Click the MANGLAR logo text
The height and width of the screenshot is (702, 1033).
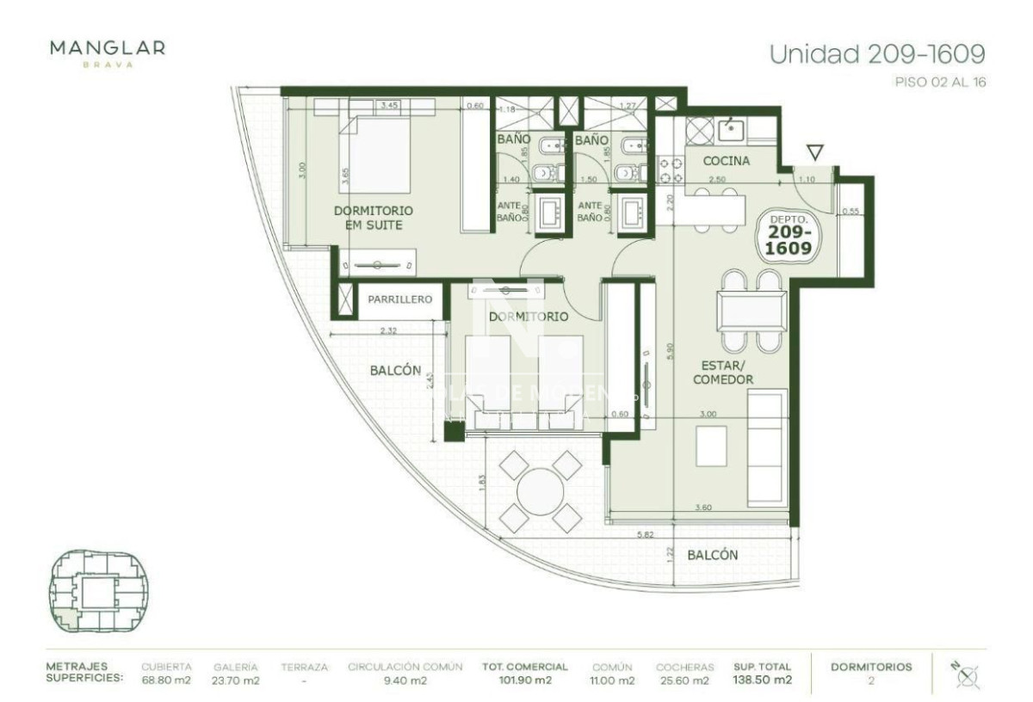click(108, 48)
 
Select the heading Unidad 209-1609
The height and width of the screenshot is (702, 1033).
click(876, 54)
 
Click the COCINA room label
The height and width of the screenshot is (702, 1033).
click(726, 161)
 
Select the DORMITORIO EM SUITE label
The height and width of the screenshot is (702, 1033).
click(373, 218)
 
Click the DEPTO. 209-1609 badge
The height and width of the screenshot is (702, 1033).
click(789, 236)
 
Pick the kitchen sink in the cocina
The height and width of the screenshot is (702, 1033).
click(731, 129)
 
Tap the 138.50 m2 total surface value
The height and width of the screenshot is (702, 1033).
click(763, 680)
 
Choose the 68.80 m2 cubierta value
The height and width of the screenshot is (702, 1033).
click(165, 680)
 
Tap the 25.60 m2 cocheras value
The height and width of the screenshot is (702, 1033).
click(684, 680)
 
